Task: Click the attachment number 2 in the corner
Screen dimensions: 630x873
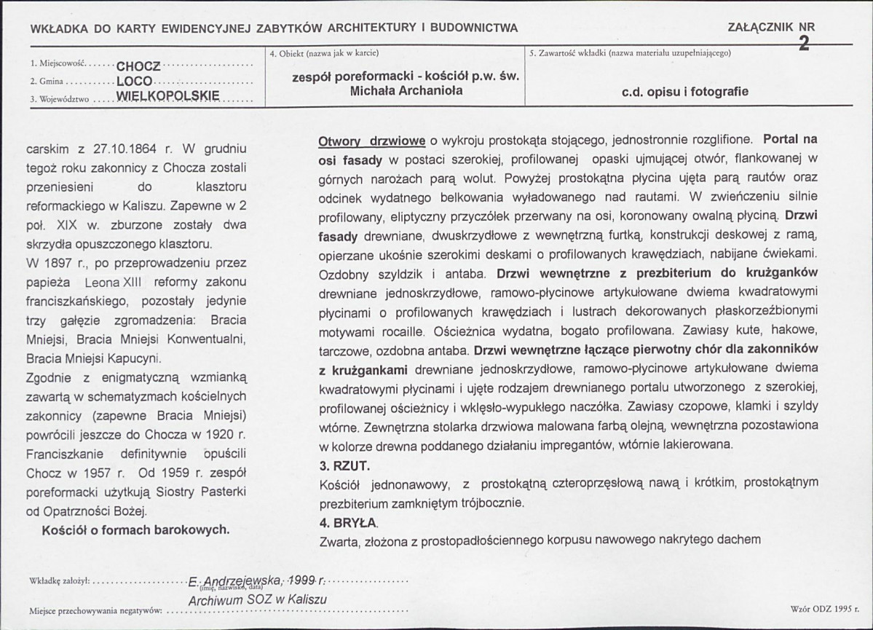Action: coord(804,43)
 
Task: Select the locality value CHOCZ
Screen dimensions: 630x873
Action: coord(141,66)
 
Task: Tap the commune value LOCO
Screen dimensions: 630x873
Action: coord(135,81)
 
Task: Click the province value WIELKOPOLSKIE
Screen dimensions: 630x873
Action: coord(168,96)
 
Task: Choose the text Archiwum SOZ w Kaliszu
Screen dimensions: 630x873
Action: coord(257,599)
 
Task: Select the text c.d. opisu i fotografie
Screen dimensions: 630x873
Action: coord(685,92)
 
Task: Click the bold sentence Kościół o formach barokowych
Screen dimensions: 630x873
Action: coord(135,529)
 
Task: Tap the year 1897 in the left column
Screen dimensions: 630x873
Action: coord(57,264)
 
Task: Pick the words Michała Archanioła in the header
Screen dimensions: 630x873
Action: coord(406,91)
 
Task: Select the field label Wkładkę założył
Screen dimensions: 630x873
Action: coord(59,581)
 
